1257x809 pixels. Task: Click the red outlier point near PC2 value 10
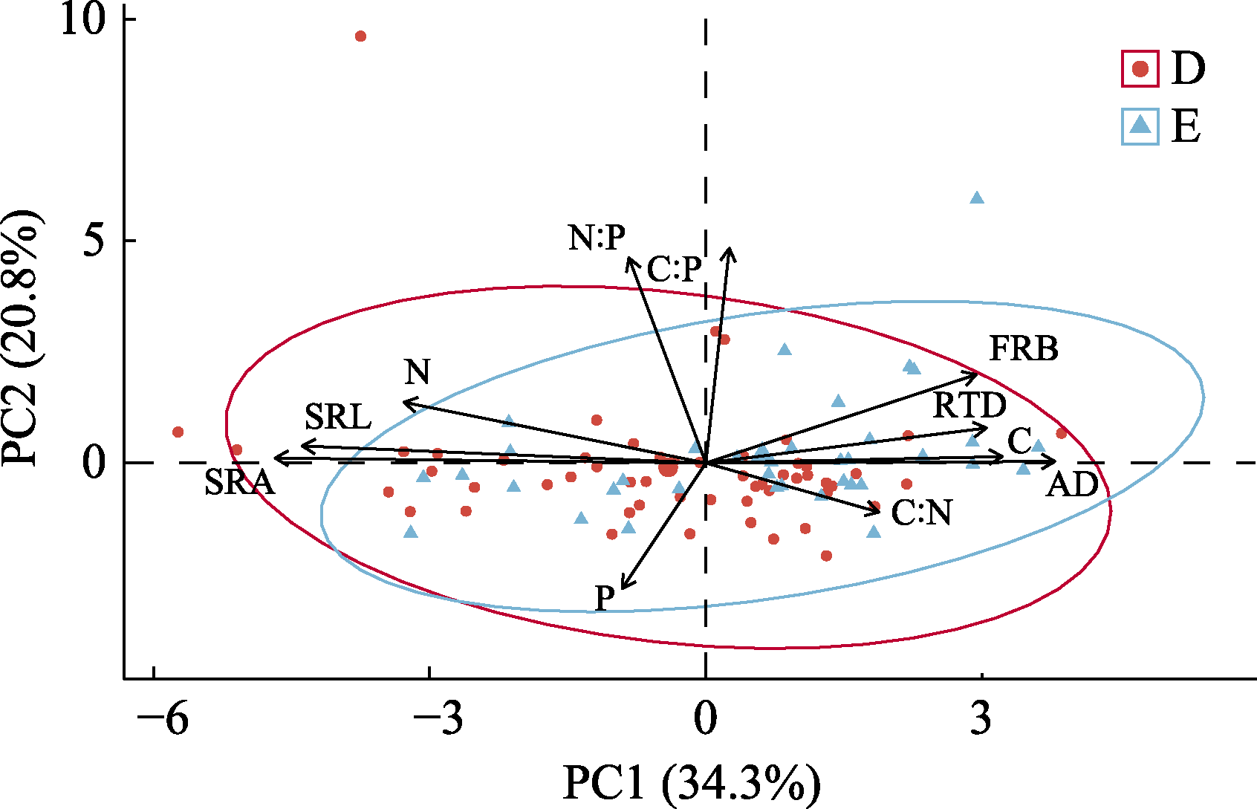click(360, 36)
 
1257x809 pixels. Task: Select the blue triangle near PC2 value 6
click(977, 198)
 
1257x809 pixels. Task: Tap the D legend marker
click(1140, 69)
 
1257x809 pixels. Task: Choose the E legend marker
click(1140, 126)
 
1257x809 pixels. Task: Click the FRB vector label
click(1024, 348)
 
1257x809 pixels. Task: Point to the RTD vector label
click(969, 405)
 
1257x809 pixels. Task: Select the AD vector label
click(1072, 485)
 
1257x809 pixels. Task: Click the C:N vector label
click(921, 513)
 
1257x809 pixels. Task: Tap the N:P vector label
click(597, 238)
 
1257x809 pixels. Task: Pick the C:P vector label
click(674, 269)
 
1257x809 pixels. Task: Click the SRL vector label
click(338, 418)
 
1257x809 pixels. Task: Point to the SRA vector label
click(239, 483)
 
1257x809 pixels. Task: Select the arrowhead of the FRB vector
click(976, 373)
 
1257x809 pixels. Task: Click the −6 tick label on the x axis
click(163, 718)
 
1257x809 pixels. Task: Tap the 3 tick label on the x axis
click(981, 718)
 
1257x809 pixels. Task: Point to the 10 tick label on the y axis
click(84, 20)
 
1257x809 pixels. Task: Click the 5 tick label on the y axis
click(97, 241)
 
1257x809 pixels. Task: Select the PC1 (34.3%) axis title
click(692, 784)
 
